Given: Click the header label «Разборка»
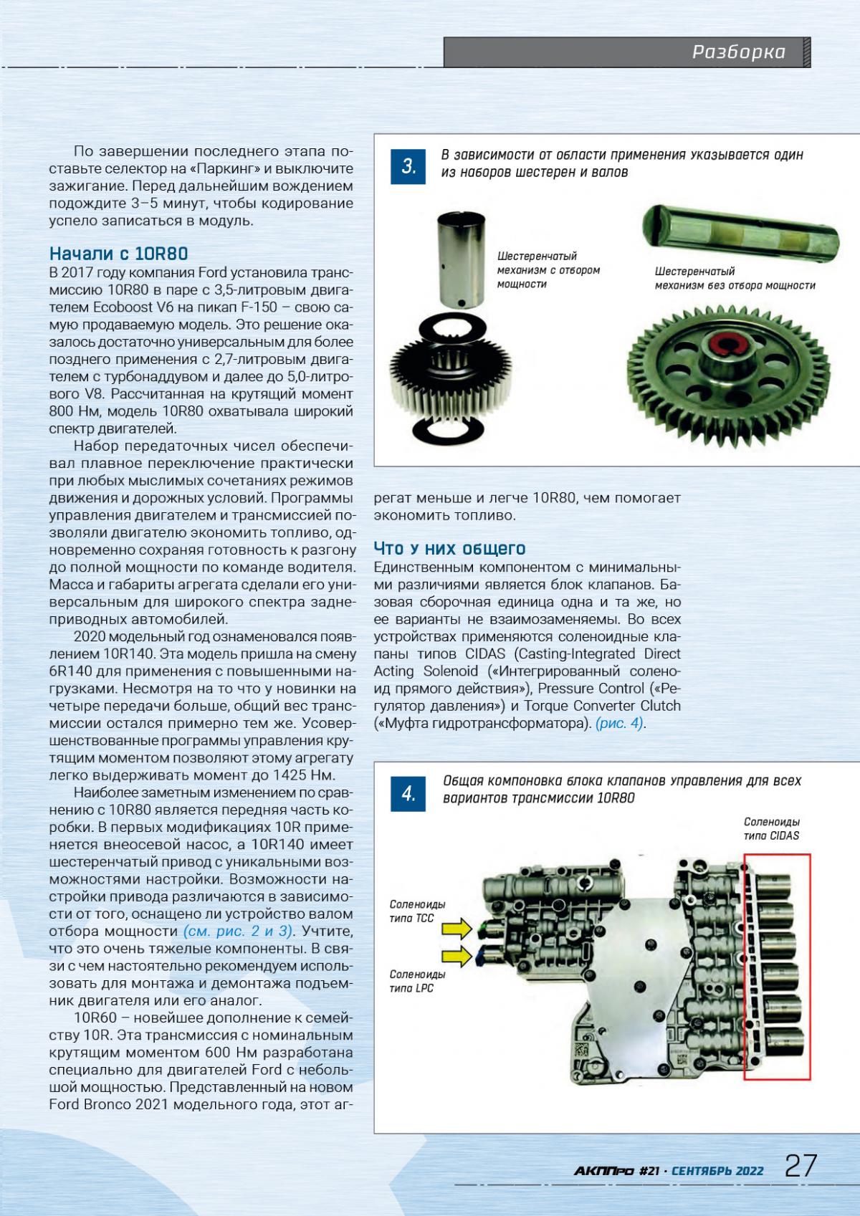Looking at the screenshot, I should coord(738,52).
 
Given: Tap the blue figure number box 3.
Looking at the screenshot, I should coord(408,167).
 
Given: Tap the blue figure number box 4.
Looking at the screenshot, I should coord(408,794).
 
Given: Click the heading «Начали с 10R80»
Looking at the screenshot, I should coord(118,254).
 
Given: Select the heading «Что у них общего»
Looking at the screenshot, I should coord(450,549).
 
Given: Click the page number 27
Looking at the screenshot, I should coord(801,1165).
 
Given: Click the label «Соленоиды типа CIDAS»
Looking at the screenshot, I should coord(771,828).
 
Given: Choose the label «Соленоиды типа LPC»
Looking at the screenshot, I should coord(417,981).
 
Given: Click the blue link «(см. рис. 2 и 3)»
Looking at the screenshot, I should coord(239,932).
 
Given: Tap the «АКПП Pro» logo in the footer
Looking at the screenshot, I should coord(603,1171).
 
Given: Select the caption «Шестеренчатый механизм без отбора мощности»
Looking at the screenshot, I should coord(735,278).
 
